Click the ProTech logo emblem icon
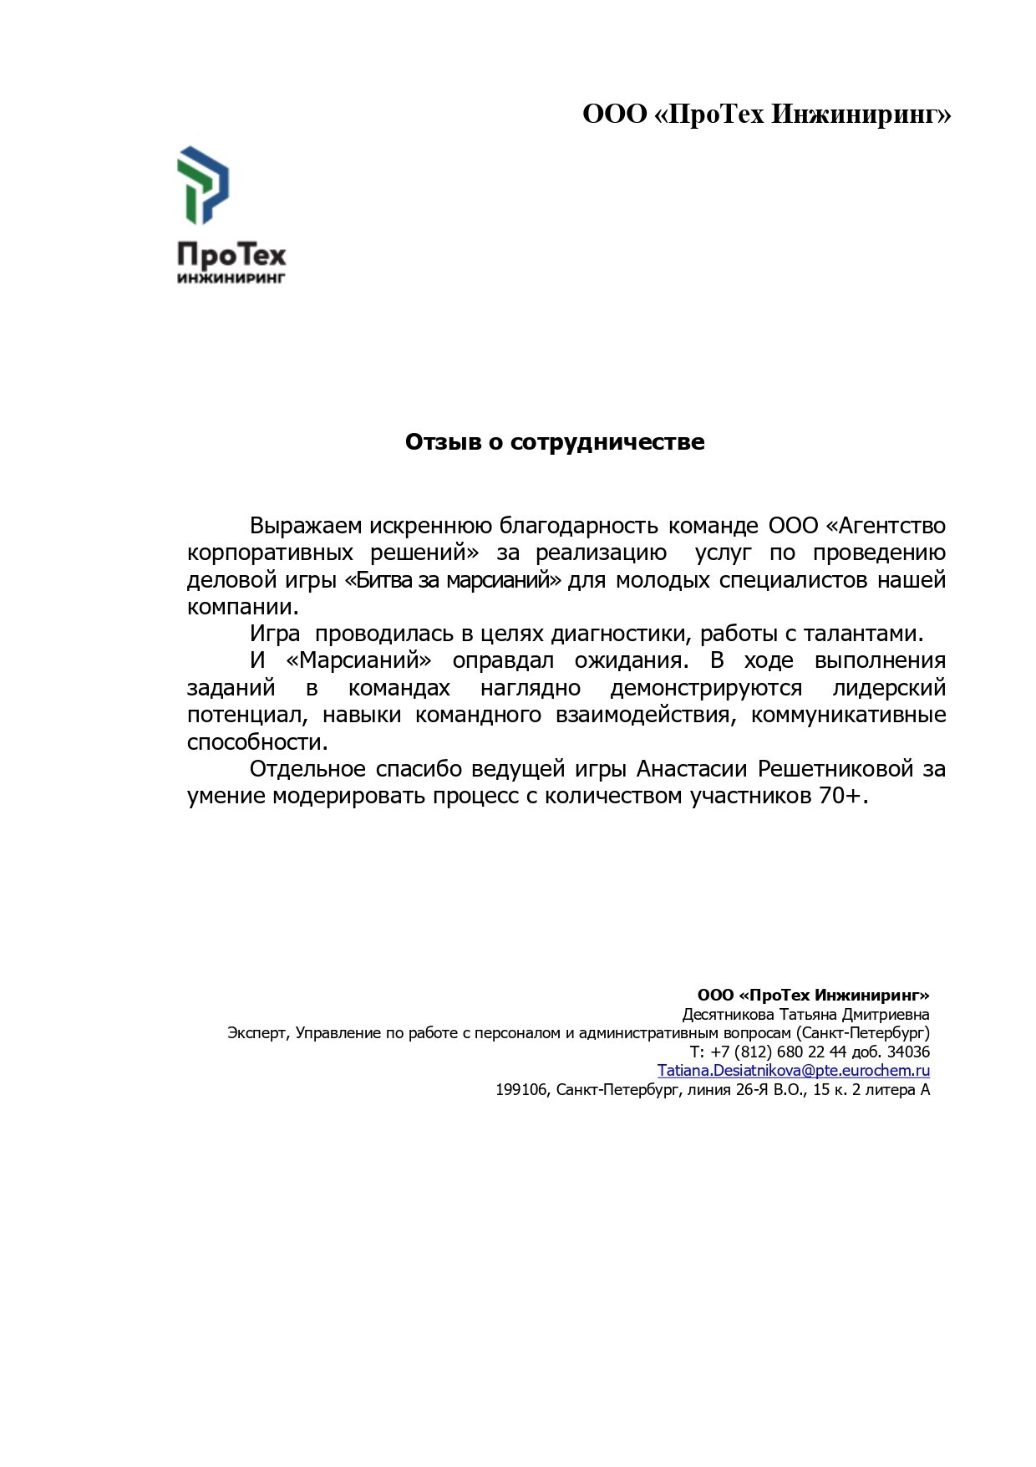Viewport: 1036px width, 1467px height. pyautogui.click(x=203, y=185)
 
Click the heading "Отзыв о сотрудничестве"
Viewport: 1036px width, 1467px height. pyautogui.click(x=555, y=442)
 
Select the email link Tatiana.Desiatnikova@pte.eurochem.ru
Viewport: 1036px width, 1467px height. pyautogui.click(x=793, y=1071)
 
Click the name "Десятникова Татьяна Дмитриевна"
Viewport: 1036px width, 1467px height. pyautogui.click(x=805, y=1015)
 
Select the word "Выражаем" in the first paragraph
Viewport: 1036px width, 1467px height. pyautogui.click(x=306, y=527)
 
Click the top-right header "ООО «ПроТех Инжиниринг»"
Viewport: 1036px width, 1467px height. pyautogui.click(x=766, y=115)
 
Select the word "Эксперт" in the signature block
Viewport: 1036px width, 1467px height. pyautogui.click(x=258, y=1033)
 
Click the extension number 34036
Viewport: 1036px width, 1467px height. pyautogui.click(x=908, y=1052)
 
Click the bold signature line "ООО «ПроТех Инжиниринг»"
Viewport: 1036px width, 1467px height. pyautogui.click(x=813, y=995)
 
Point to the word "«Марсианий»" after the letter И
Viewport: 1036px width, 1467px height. pyautogui.click(x=358, y=661)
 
